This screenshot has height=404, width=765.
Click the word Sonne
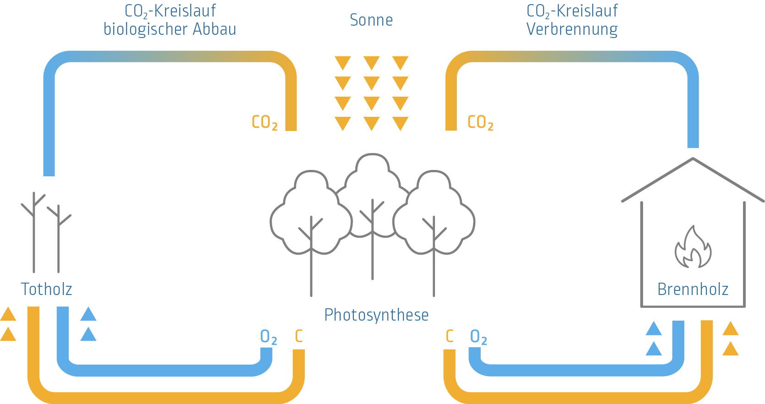[x=371, y=20]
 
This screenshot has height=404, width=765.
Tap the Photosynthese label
[x=376, y=315]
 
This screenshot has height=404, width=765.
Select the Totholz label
[x=46, y=289]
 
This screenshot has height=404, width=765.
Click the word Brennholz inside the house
[x=693, y=289]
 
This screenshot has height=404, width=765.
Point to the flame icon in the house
[x=693, y=248]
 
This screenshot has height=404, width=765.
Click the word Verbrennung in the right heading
[x=572, y=29]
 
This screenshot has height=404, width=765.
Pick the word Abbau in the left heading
[x=215, y=29]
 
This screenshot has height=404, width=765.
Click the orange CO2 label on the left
[x=264, y=122]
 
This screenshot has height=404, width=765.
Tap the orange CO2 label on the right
[x=480, y=122]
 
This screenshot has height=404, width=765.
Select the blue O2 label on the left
[x=268, y=337]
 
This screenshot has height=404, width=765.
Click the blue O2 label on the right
[x=478, y=337]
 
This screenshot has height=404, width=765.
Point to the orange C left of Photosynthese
[x=299, y=336]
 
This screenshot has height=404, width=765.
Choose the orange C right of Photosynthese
[x=450, y=336]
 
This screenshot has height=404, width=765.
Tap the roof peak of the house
[x=693, y=159]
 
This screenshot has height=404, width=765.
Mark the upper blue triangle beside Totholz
[x=88, y=314]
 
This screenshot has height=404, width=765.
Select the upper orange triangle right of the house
[x=730, y=328]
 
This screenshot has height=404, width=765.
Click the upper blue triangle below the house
[x=654, y=328]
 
